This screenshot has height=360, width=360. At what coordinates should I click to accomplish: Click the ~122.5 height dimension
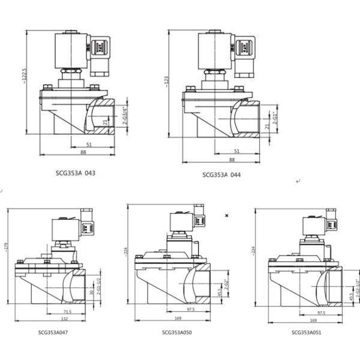coord(25,82)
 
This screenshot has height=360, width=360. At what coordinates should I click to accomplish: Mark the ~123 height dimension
coord(166,82)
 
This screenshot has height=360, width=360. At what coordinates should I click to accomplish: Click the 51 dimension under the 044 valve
coord(236,151)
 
